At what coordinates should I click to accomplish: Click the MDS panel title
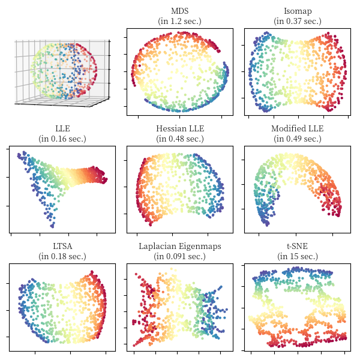point(179,11)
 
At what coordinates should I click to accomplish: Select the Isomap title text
point(297,11)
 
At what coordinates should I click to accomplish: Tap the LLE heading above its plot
point(62,128)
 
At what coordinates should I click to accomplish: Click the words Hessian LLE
point(179,128)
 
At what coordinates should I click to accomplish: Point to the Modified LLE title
point(297,128)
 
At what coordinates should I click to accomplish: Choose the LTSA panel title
point(62,246)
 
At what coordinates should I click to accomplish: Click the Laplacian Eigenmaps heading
point(179,246)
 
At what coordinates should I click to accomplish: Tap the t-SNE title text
point(297,246)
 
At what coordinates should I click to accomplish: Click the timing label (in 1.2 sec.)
point(179,22)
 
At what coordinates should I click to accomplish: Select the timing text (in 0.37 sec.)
point(297,22)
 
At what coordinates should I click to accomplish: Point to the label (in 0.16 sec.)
point(62,139)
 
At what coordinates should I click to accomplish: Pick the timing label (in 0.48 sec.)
point(179,139)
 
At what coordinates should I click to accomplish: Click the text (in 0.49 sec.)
point(297,139)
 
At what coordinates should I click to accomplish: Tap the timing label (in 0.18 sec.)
point(62,256)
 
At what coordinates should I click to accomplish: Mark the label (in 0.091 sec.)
point(179,256)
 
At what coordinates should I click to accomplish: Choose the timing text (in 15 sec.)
point(297,256)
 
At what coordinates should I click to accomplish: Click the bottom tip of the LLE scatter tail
point(53,226)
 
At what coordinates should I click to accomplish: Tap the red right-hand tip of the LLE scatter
point(106,179)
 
